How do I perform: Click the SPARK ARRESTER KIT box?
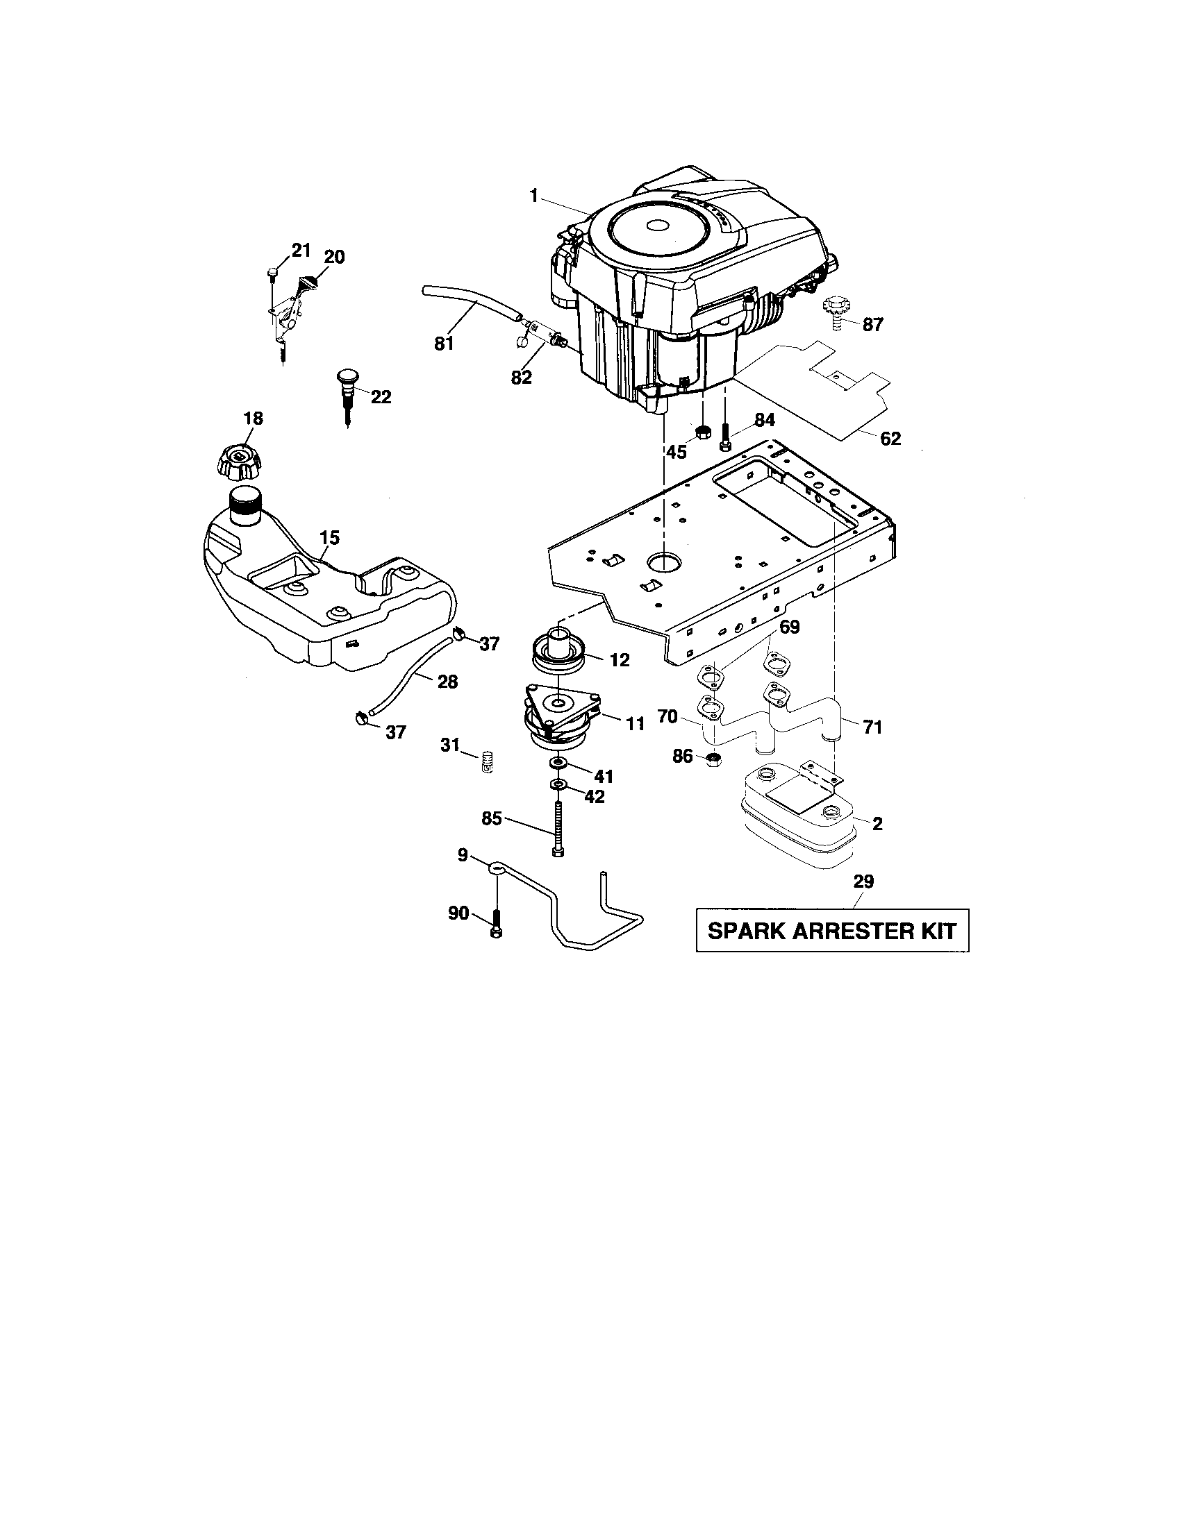click(831, 931)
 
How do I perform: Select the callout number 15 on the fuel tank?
click(329, 538)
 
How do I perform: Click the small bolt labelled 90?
click(496, 925)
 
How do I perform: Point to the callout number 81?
click(445, 344)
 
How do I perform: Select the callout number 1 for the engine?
click(533, 196)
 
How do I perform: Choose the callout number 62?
click(890, 439)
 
